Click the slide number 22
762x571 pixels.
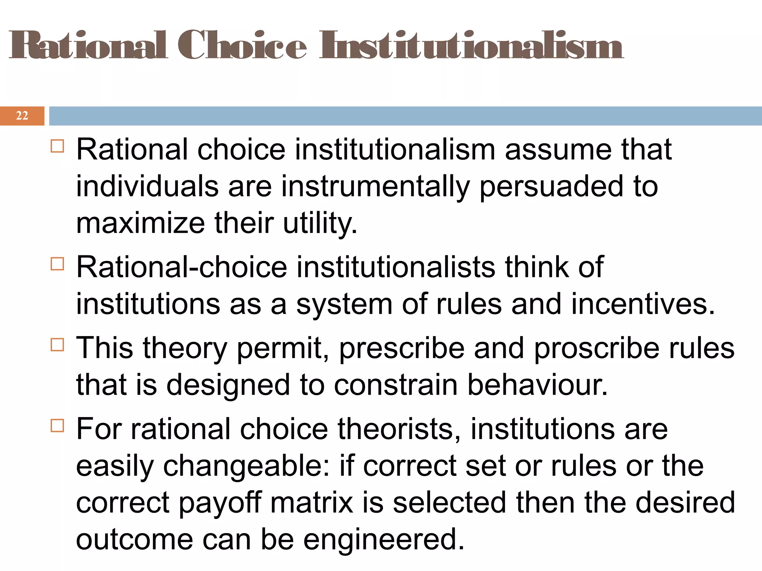(x=22, y=116)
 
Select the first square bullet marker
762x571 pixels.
(x=58, y=146)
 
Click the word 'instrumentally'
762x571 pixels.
(x=375, y=186)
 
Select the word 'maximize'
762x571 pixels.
(x=140, y=223)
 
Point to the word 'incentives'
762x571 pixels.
(x=643, y=304)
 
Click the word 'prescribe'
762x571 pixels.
(x=402, y=348)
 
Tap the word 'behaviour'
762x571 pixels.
(x=537, y=385)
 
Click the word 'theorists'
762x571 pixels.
(x=399, y=429)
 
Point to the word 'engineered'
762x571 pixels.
(x=384, y=539)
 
